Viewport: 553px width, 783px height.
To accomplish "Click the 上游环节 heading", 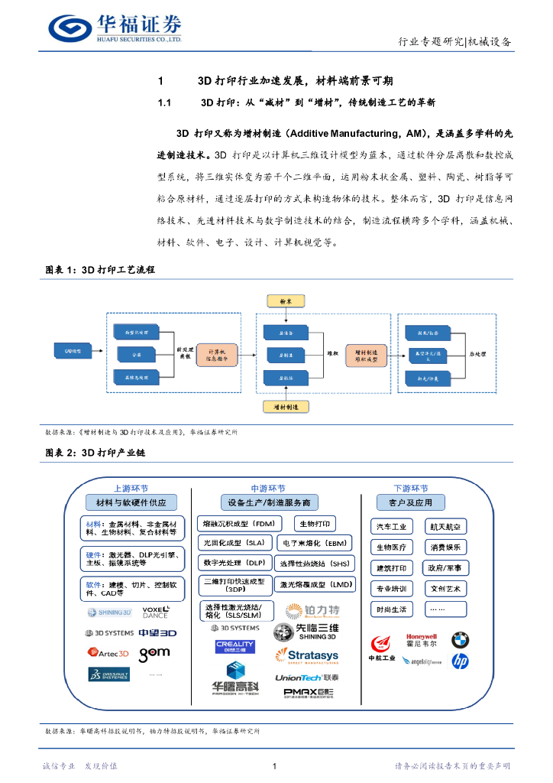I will coord(131,489).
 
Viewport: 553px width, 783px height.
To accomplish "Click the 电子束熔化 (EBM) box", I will coord(314,543).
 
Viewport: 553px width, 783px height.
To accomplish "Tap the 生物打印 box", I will coord(314,524).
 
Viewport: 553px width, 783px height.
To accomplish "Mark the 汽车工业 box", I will coord(392,527).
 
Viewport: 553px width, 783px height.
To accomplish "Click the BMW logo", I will coord(460,639).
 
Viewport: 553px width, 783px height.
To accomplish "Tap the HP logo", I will coord(460,661).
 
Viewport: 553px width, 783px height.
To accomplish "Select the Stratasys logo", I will coord(306,655).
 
